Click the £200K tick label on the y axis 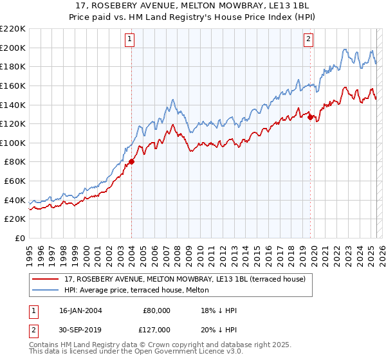pos(13,48)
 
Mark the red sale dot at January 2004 pos(131,162)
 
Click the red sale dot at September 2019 pos(310,117)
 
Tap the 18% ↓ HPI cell pos(219,310)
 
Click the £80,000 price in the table pos(156,310)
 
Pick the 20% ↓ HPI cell pos(219,329)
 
